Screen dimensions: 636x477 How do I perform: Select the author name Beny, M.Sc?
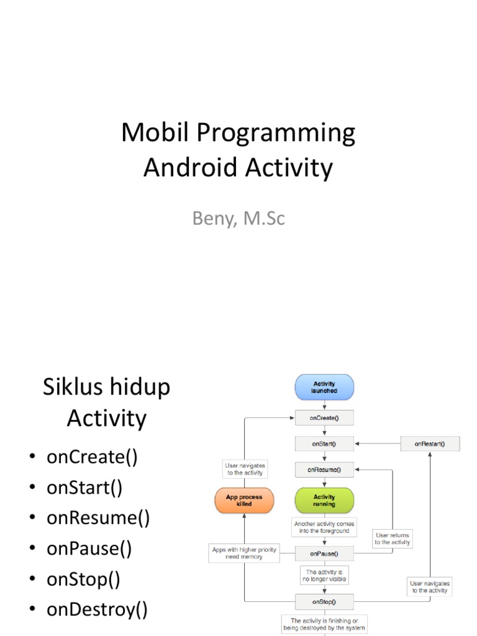238,219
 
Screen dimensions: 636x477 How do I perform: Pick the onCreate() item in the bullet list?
91,457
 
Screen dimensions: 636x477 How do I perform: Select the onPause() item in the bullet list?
89,549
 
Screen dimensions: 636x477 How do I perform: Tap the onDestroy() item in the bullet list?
97,610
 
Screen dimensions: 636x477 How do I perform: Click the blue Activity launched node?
324,388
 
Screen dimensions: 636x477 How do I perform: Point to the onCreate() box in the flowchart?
324,418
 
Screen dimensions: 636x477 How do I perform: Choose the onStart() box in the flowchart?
324,443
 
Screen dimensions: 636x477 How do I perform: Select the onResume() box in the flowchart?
324,470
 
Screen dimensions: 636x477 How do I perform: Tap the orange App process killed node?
243,501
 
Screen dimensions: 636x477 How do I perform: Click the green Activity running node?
324,501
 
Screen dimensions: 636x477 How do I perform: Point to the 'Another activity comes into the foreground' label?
324,527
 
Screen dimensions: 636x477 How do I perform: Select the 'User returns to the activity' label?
393,538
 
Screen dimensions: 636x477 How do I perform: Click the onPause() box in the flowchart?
324,552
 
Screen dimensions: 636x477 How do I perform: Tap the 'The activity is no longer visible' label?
324,575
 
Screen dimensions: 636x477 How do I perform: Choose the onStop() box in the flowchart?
324,601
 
